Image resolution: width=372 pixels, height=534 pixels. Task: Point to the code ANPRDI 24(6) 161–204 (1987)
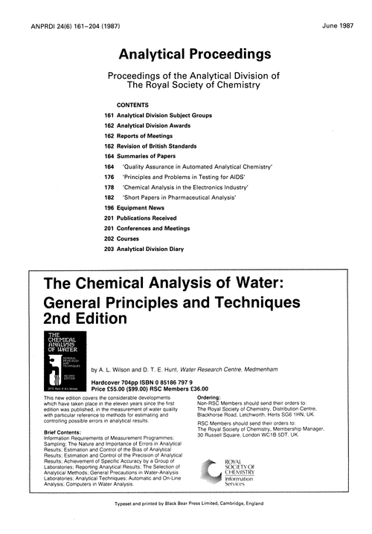point(62,10)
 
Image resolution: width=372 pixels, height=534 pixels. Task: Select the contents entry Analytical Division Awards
point(161,127)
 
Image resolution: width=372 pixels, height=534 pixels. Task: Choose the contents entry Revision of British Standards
point(164,148)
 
